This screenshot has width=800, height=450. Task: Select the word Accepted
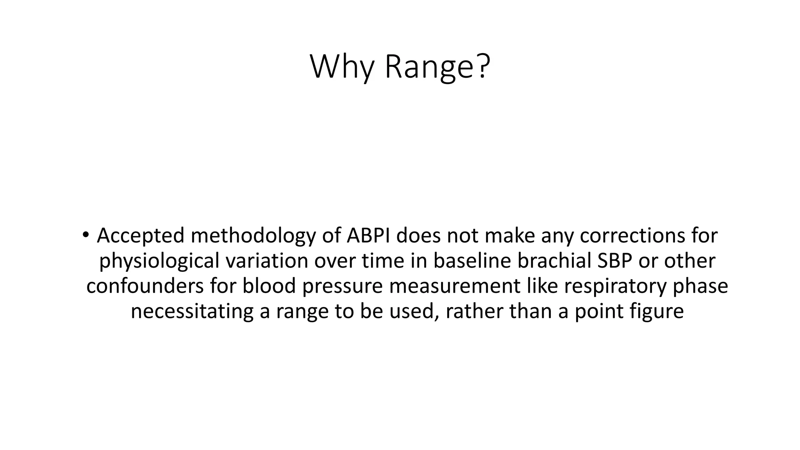coord(141,236)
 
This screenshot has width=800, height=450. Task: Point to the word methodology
coord(253,236)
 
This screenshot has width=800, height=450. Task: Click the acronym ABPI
coord(368,236)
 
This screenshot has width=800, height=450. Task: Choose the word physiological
coord(159,261)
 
